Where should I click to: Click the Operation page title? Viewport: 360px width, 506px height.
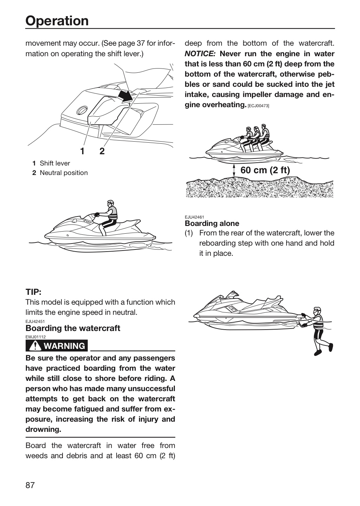tap(57, 21)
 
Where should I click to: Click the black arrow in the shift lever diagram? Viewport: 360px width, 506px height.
tap(126, 96)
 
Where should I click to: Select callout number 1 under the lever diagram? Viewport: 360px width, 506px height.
tap(83, 151)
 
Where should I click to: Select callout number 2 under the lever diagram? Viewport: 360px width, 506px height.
tap(102, 151)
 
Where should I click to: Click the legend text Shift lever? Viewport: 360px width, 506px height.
tap(55, 163)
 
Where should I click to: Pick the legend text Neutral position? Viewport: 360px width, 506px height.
tap(64, 173)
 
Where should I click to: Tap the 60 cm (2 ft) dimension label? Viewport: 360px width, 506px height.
tap(265, 170)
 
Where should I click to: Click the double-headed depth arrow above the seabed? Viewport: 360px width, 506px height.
tap(234, 170)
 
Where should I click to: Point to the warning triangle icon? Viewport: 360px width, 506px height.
tap(35, 346)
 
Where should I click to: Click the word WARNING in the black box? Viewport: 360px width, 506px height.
tap(64, 346)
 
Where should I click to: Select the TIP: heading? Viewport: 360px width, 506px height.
tap(33, 292)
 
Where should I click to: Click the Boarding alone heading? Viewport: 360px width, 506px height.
tap(212, 223)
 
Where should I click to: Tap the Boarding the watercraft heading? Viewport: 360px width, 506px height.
tap(73, 328)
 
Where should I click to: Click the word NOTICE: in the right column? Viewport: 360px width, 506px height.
tap(200, 53)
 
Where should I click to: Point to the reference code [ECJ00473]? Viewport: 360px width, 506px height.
tap(258, 106)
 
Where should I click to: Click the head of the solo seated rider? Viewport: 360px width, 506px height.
tap(110, 203)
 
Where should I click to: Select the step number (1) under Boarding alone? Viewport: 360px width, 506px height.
tap(189, 233)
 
